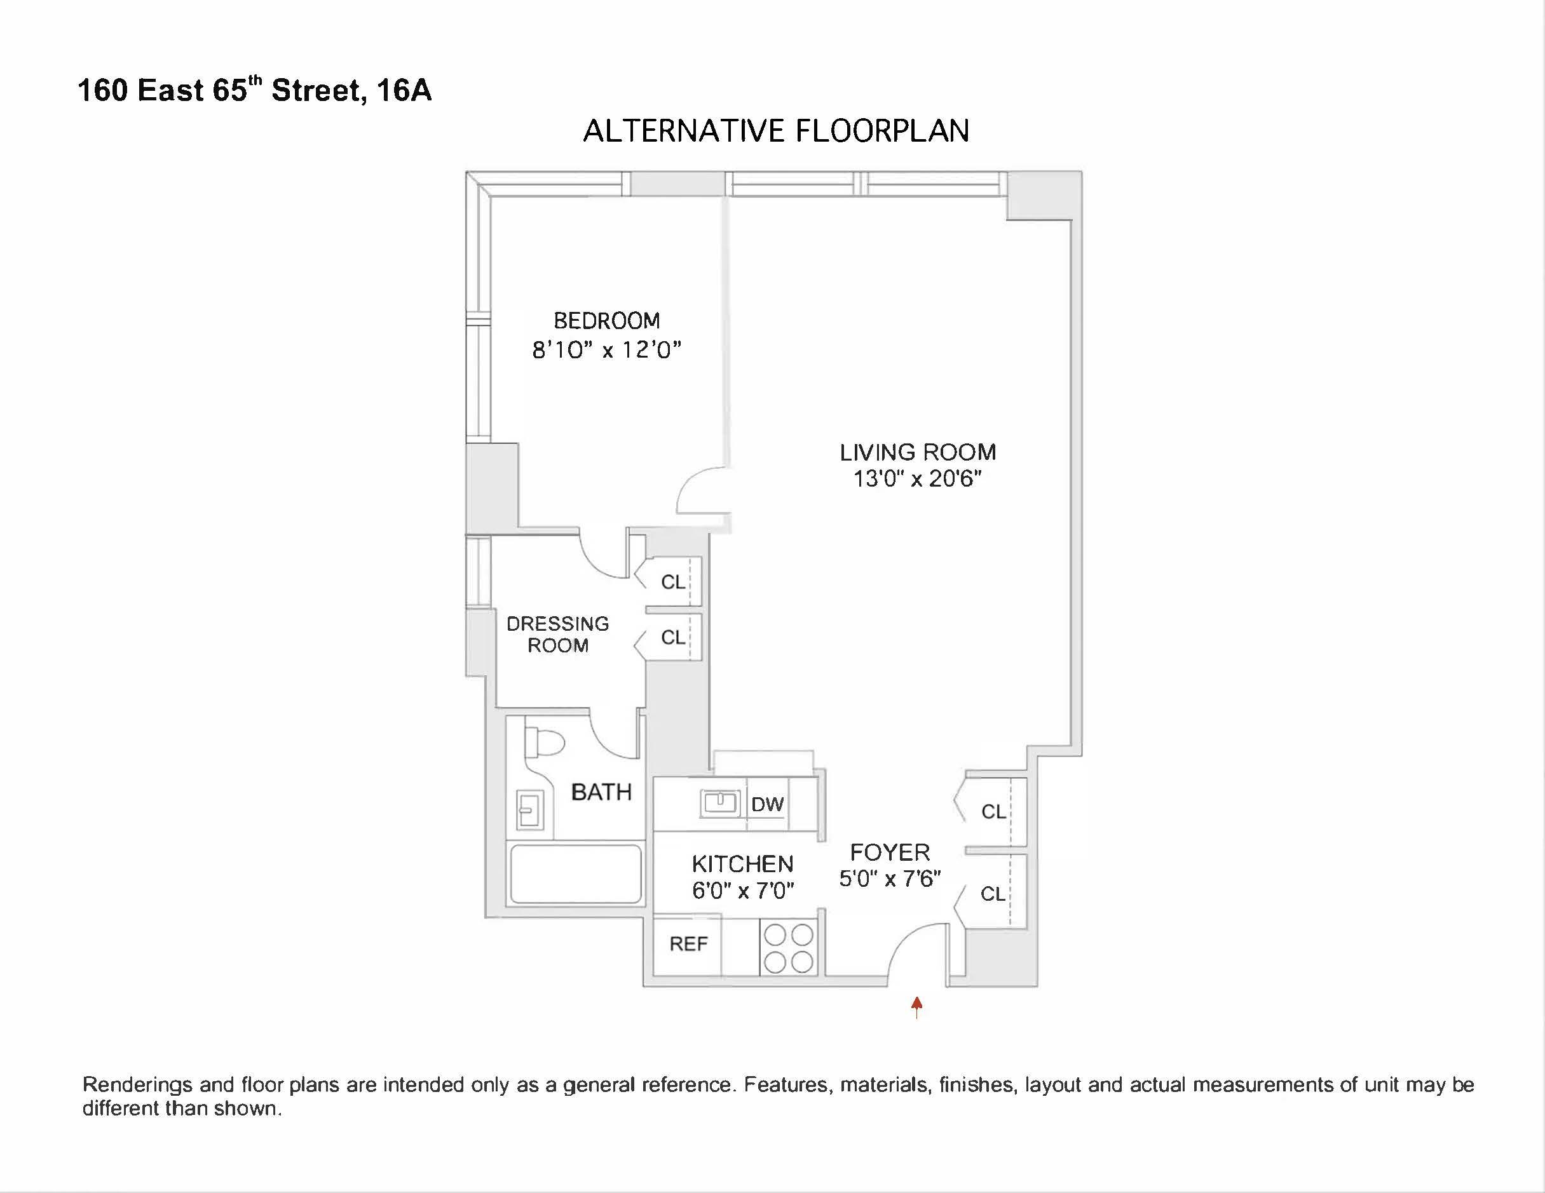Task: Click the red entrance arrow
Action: pyautogui.click(x=917, y=1006)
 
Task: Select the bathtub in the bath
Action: pyautogui.click(x=576, y=873)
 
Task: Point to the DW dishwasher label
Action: pyautogui.click(x=767, y=804)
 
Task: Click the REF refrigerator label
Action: pyautogui.click(x=688, y=944)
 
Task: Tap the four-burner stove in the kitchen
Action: pyautogui.click(x=789, y=948)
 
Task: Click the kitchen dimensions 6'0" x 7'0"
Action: pyautogui.click(x=743, y=891)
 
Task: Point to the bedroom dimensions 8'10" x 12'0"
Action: pyautogui.click(x=606, y=349)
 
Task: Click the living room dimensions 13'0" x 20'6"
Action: pyautogui.click(x=918, y=479)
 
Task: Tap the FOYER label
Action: pyautogui.click(x=889, y=852)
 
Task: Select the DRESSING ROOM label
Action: pyautogui.click(x=557, y=635)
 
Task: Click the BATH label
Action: pyautogui.click(x=601, y=792)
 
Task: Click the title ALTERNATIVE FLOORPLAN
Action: pyautogui.click(x=775, y=131)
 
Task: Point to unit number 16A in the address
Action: pyautogui.click(x=404, y=90)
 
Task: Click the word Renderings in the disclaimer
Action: pyautogui.click(x=137, y=1085)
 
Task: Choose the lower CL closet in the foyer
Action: pyautogui.click(x=993, y=894)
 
